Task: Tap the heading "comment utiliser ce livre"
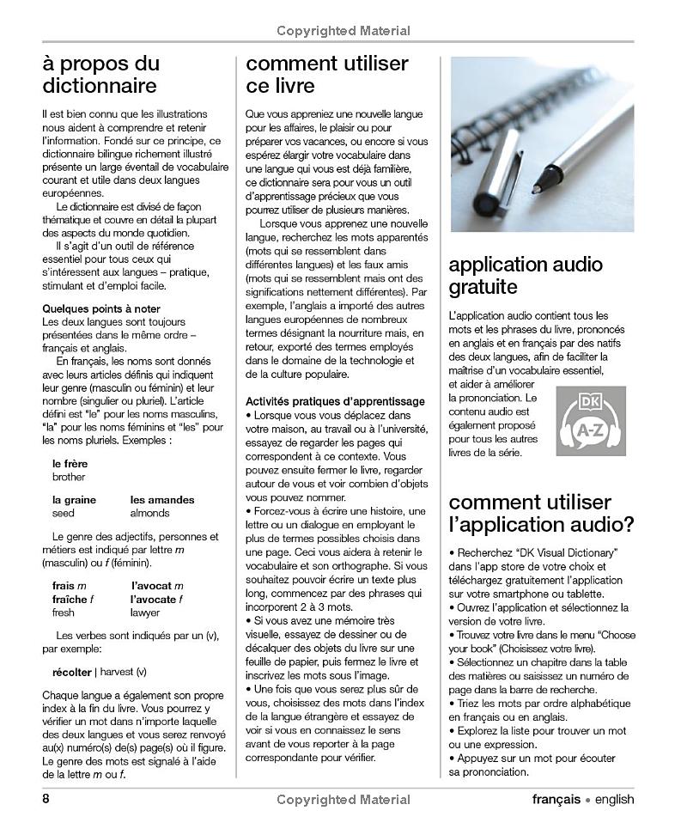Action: [327, 75]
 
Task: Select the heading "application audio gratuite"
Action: [525, 275]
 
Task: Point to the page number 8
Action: [46, 799]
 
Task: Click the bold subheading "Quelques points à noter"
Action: [101, 308]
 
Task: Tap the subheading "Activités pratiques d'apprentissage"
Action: [335, 401]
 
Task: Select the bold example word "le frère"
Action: [70, 464]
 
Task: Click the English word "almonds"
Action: [149, 513]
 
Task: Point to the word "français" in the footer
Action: [555, 799]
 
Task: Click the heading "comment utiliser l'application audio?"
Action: [541, 513]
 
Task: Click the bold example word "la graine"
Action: [74, 499]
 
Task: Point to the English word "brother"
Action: [69, 477]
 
